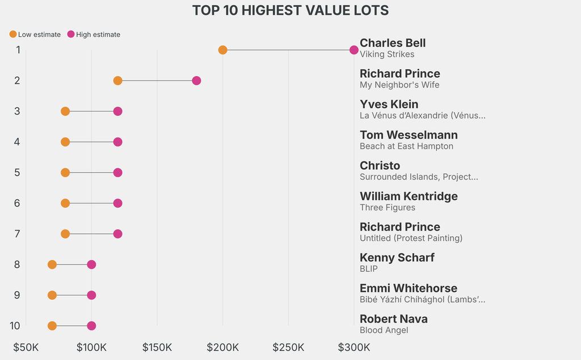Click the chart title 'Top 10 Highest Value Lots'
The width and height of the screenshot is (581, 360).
[290, 11]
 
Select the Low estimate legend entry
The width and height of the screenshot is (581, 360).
[35, 35]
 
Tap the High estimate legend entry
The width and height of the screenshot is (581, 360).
[94, 35]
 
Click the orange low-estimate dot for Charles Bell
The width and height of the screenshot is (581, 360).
[222, 50]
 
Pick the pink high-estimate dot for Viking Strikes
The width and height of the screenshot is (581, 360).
[354, 50]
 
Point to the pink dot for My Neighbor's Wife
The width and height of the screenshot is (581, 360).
[196, 81]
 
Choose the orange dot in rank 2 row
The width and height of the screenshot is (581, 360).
[117, 81]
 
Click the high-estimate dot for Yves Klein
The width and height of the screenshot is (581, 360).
[117, 111]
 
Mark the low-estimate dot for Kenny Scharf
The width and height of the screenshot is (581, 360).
[52, 265]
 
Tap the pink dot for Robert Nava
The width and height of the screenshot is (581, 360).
[91, 326]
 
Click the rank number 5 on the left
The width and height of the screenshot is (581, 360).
[17, 173]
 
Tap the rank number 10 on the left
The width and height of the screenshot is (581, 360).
[15, 326]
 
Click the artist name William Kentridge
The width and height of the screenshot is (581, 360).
[409, 196]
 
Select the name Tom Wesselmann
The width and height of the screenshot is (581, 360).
[409, 135]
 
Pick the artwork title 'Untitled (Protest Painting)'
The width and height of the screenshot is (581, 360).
[411, 238]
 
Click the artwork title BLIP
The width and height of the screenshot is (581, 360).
[369, 269]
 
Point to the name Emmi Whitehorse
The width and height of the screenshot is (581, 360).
[409, 288]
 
